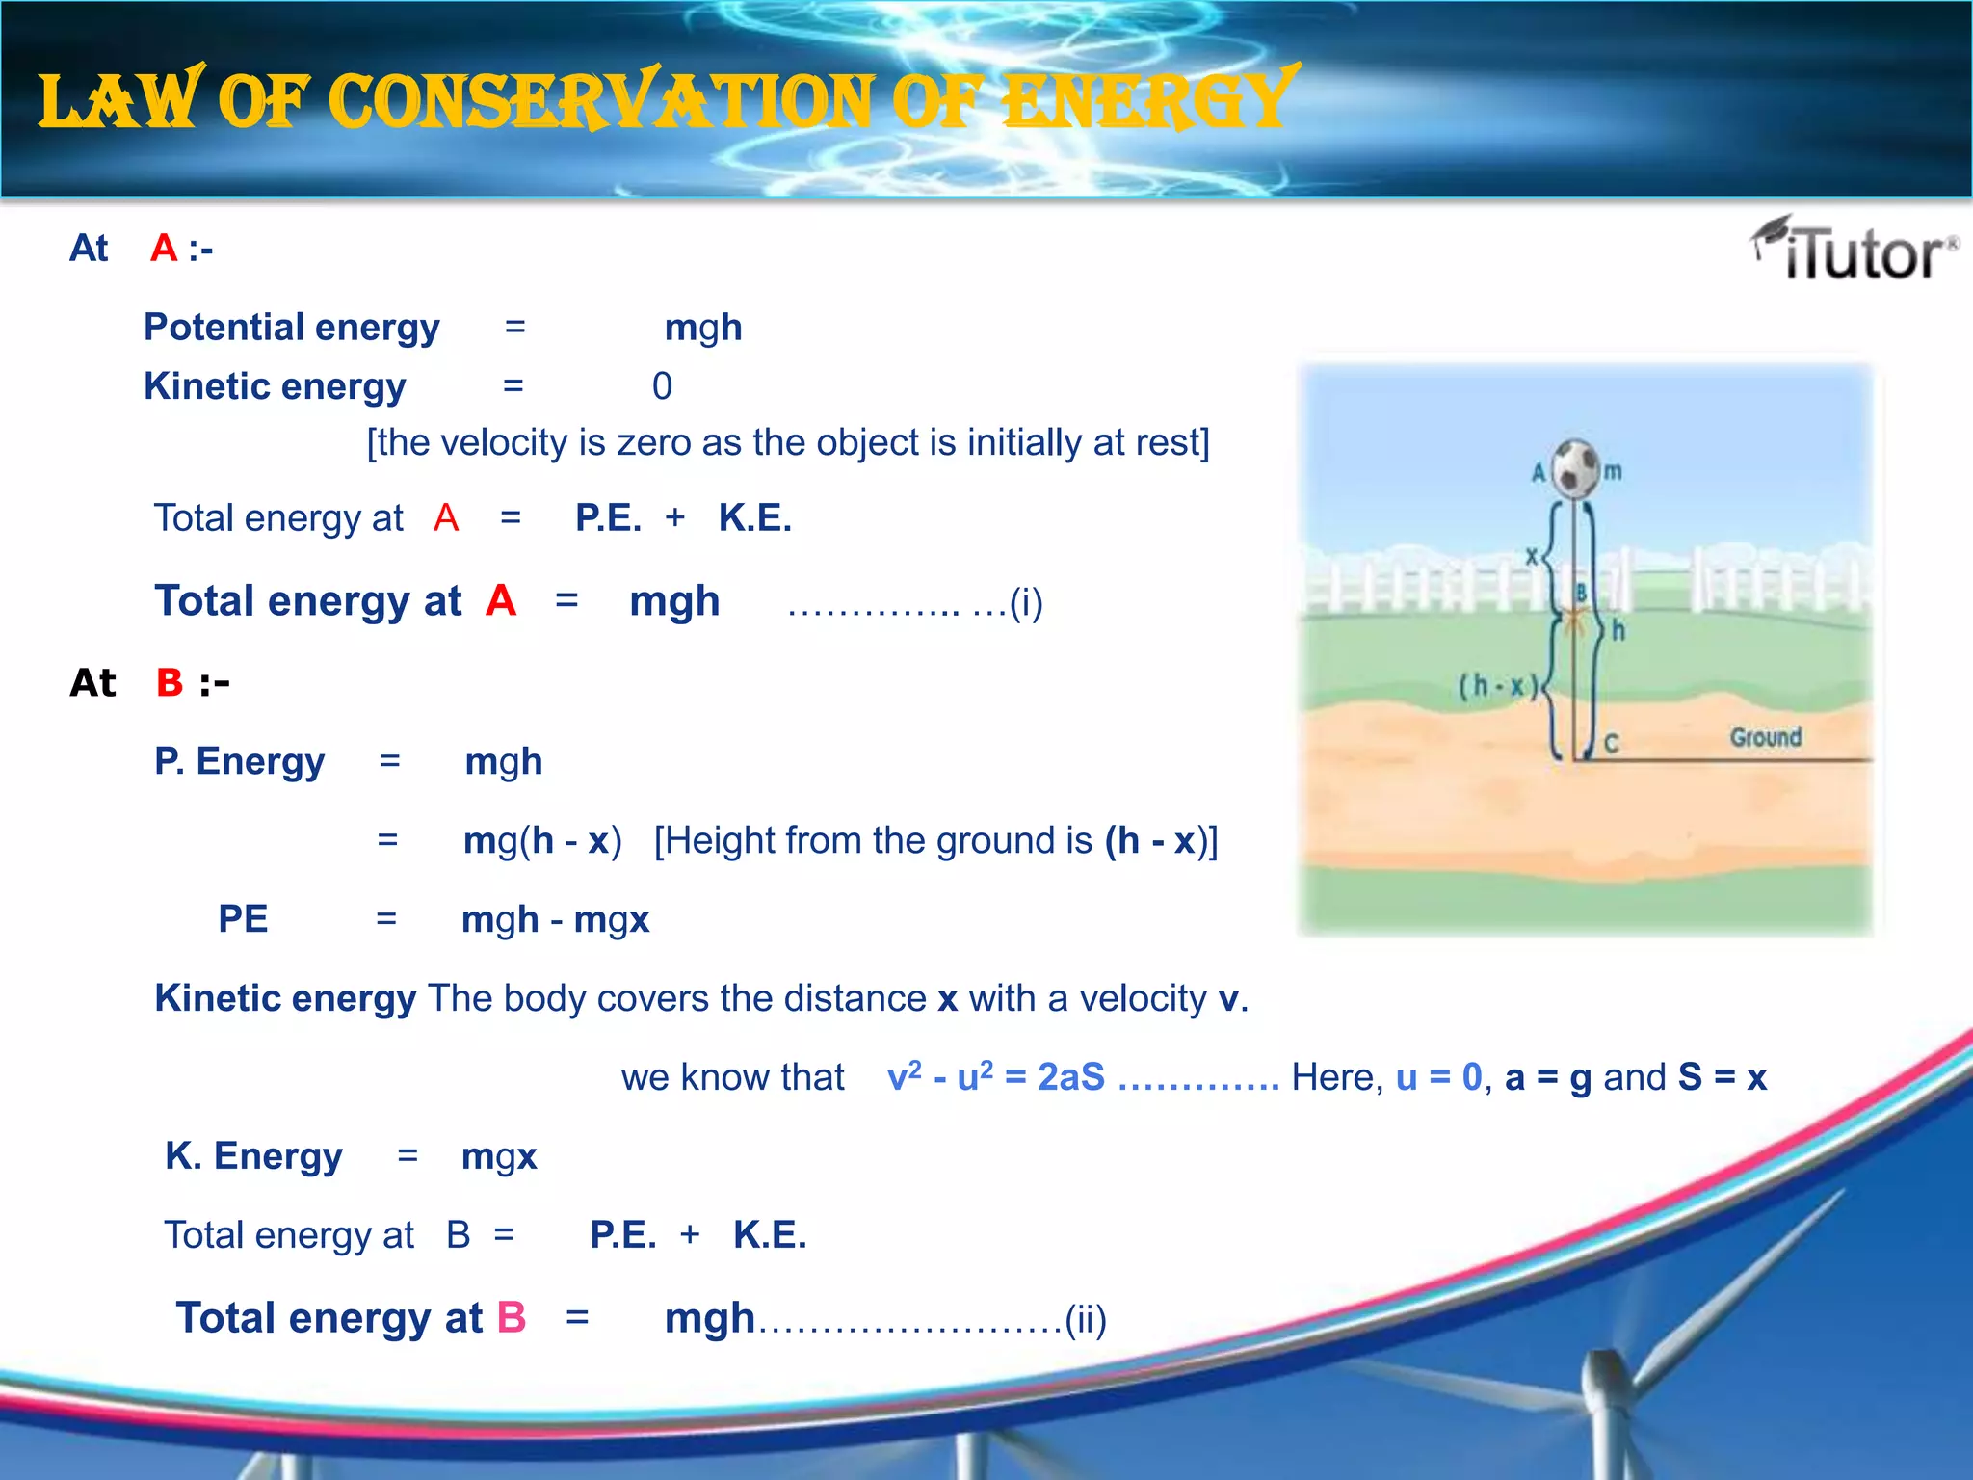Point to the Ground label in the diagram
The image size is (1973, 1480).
(x=1765, y=737)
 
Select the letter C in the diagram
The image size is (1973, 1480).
(x=1611, y=743)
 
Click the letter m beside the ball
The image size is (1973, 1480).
(x=1613, y=471)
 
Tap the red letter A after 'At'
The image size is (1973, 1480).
(x=164, y=249)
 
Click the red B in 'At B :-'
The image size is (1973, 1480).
(x=170, y=682)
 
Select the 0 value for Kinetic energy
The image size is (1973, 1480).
(x=662, y=386)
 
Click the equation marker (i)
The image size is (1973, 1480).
(x=1025, y=603)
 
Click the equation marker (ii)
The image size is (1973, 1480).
(x=1085, y=1320)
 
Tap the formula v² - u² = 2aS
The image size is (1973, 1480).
(x=995, y=1077)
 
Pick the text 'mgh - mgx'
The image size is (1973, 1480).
(x=555, y=919)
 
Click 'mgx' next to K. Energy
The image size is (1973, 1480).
(x=498, y=1155)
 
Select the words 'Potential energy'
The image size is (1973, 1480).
(x=291, y=328)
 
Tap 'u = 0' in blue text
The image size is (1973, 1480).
(x=1438, y=1077)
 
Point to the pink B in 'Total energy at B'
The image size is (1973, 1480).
(x=511, y=1317)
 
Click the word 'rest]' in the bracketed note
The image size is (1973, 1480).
(x=1172, y=442)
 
